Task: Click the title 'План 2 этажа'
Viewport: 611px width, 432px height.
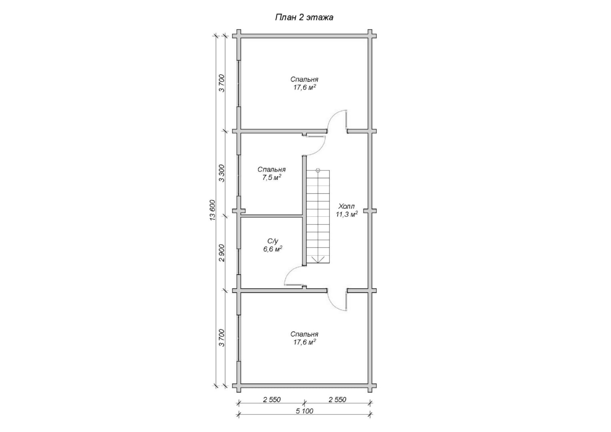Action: tap(304, 18)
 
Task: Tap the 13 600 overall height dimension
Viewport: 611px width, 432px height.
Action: tap(213, 210)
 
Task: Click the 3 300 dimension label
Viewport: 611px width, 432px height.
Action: tap(222, 173)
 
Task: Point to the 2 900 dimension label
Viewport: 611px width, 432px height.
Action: tap(222, 253)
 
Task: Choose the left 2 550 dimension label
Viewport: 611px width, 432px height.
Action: tap(272, 400)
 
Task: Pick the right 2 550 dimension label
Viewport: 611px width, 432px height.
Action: tap(337, 400)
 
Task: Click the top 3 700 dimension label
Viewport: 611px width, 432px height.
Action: tap(222, 83)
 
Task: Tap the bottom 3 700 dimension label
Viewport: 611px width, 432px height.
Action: tap(222, 338)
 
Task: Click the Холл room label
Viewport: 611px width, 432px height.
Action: tap(346, 206)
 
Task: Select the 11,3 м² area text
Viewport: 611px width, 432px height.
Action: tap(347, 214)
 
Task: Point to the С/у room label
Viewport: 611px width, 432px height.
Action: tap(272, 241)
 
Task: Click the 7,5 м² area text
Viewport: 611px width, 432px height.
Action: tap(272, 178)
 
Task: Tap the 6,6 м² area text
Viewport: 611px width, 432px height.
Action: tap(272, 249)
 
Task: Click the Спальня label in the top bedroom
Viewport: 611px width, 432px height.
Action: tap(304, 80)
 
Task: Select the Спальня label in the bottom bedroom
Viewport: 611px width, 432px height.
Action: tap(304, 334)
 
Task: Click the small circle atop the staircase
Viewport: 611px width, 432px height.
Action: tap(318, 170)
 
